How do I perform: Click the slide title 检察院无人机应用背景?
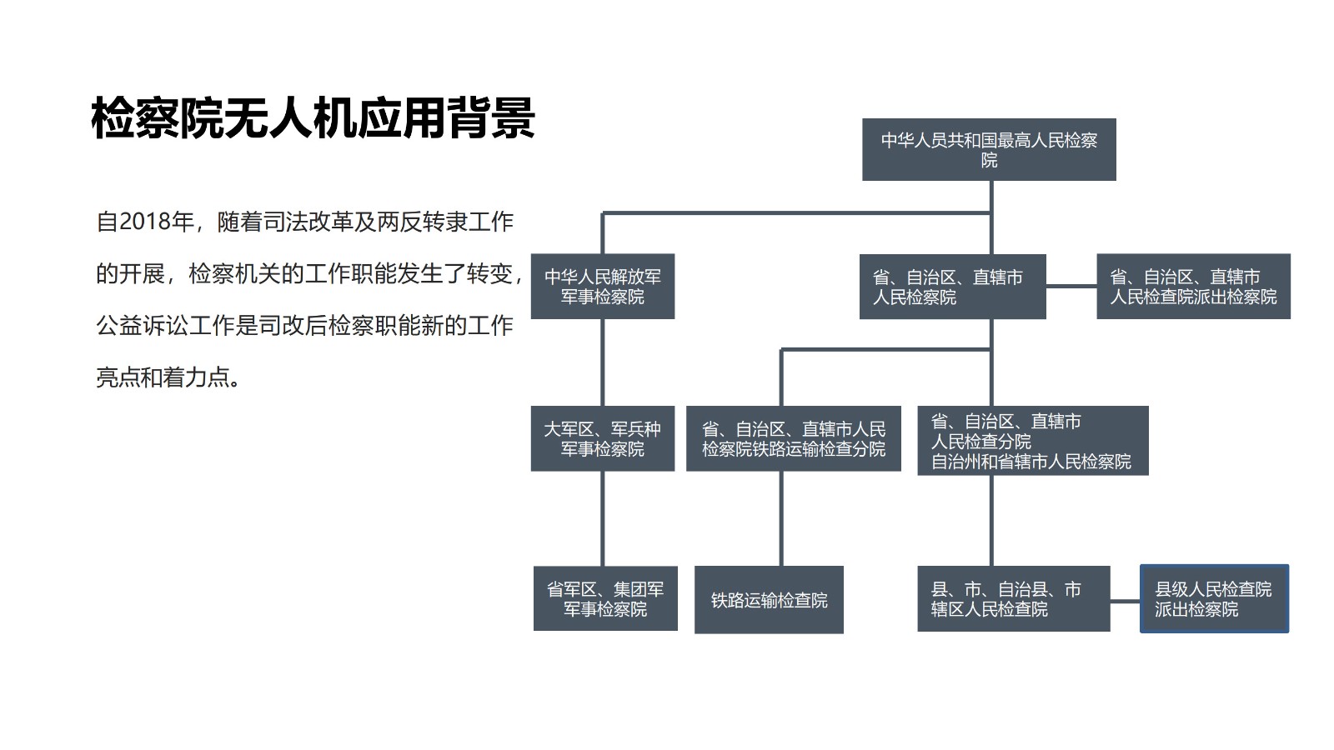pos(313,117)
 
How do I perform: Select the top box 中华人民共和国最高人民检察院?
pos(989,150)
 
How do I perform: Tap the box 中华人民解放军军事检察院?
pos(602,287)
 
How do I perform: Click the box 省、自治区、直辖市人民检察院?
pos(951,287)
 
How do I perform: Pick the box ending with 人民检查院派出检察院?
pos(1193,287)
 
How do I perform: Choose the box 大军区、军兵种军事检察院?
pos(602,439)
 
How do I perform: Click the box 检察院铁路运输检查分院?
pos(793,439)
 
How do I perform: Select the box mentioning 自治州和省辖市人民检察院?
pos(1032,441)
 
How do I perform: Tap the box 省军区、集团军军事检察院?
pos(605,599)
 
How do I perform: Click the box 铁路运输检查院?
pos(769,600)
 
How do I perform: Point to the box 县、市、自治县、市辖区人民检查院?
pos(1013,599)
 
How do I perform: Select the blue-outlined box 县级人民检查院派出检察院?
pos(1214,599)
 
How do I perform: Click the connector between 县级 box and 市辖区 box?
pos(1125,600)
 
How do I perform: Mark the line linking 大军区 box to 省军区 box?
pos(603,518)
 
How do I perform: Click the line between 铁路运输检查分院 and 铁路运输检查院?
pos(781,518)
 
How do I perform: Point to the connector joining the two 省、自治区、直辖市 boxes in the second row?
pos(1071,287)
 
